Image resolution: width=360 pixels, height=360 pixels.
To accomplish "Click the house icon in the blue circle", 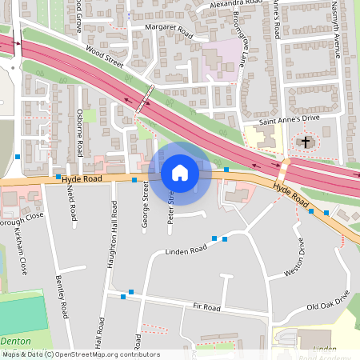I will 180,173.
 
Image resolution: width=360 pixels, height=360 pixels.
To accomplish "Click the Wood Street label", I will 106,58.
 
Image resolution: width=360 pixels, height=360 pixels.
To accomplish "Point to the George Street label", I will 146,205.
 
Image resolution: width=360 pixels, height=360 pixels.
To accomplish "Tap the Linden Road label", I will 186,250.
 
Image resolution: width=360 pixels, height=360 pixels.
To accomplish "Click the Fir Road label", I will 206,307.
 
